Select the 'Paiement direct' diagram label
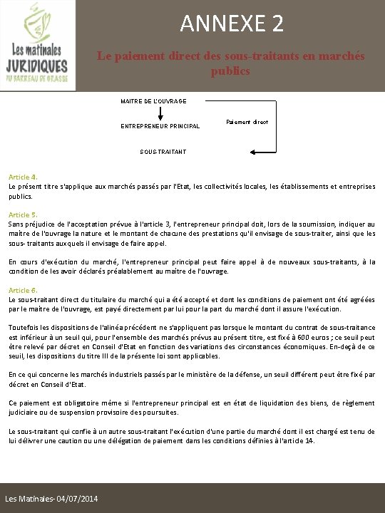(247, 123)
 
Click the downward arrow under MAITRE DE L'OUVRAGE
(160, 114)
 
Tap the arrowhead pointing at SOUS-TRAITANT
(253, 152)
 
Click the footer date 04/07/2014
(78, 496)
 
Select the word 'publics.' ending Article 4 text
(21, 195)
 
